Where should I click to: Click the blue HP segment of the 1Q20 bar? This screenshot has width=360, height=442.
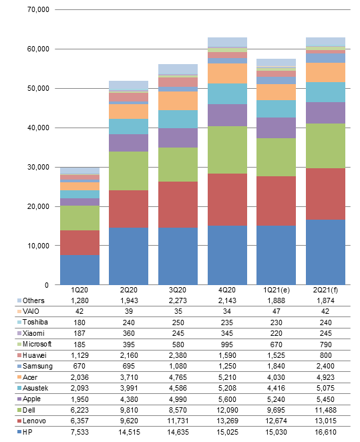tap(79, 270)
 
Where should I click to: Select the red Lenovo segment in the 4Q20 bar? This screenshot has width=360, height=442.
tap(227, 200)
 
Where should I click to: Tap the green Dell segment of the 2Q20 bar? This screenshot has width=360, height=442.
tap(128, 171)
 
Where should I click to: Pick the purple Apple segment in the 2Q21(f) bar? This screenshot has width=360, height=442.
tap(325, 113)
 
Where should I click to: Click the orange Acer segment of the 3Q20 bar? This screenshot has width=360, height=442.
tap(178, 101)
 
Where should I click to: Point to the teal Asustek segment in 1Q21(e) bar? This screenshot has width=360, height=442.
tap(276, 109)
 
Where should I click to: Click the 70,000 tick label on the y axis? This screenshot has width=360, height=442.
tap(38, 9)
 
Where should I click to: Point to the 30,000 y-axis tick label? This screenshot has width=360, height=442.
tap(38, 167)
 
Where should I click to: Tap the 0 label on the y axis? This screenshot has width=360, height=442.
tap(47, 285)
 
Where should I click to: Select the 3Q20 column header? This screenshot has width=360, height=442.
tap(178, 290)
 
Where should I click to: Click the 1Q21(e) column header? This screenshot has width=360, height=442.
tap(277, 290)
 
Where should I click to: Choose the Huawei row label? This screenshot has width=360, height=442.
tap(34, 355)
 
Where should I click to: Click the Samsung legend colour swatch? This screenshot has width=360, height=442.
tap(19, 366)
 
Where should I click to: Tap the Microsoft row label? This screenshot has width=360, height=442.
tap(37, 344)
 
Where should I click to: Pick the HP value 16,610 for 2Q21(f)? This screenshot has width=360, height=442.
tap(326, 432)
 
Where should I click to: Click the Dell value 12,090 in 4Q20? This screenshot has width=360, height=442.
tap(227, 410)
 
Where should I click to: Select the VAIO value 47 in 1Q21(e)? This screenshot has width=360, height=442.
tap(277, 311)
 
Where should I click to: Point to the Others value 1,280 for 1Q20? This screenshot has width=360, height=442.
tap(79, 300)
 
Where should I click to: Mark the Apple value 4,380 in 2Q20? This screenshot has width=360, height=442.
tap(129, 399)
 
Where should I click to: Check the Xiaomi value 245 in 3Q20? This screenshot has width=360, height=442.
tap(178, 333)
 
